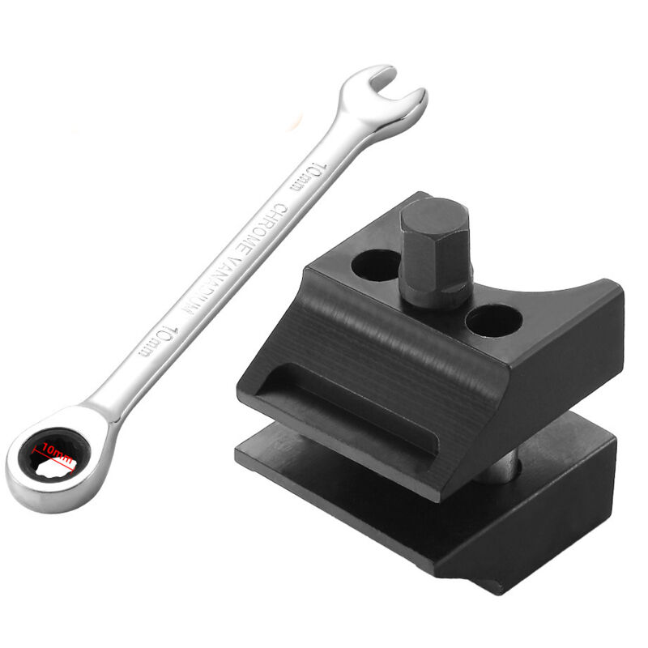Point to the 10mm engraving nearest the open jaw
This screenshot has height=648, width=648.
click(308, 177)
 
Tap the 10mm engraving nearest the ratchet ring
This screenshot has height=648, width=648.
click(158, 341)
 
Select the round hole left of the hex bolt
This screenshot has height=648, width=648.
click(375, 266)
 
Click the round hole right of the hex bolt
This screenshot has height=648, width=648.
click(493, 321)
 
